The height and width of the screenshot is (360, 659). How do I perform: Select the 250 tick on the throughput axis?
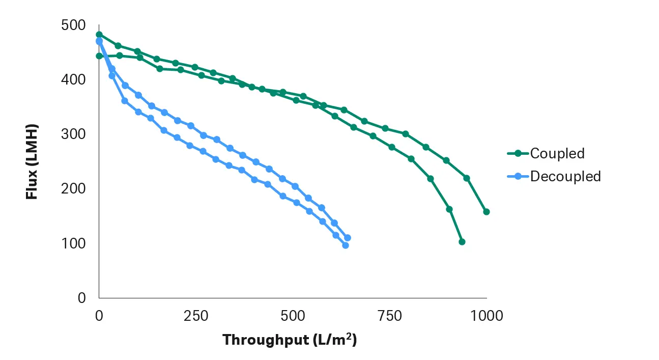(196, 316)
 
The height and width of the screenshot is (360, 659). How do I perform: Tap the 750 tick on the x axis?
(390, 316)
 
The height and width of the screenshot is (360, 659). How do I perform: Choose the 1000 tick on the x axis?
(487, 316)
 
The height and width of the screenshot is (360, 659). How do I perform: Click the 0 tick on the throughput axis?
(99, 316)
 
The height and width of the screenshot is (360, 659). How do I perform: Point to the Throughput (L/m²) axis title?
(289, 340)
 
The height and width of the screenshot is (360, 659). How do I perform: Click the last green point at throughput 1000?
(486, 212)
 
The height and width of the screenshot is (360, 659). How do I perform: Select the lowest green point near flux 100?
(462, 242)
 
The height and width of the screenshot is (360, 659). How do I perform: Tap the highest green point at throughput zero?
(99, 35)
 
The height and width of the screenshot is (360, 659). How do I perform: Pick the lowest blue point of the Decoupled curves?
(346, 245)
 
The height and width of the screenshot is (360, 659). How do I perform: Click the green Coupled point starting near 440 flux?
(99, 56)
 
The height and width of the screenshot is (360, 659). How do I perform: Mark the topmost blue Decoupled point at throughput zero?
(99, 41)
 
